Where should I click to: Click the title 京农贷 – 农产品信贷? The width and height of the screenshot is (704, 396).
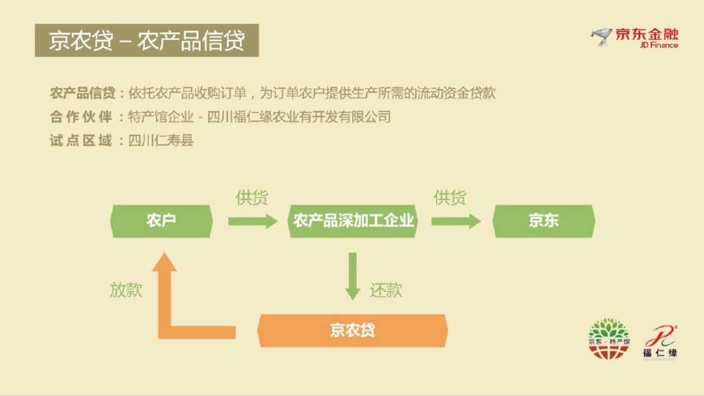[x=146, y=41]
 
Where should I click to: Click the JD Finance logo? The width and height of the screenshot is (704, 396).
[x=634, y=38]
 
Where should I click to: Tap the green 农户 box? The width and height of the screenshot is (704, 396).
[x=162, y=221]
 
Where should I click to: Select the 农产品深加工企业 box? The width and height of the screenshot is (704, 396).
[x=353, y=221]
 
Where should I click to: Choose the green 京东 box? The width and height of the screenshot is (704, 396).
[x=544, y=221]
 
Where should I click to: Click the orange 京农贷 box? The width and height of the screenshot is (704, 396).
[x=352, y=330]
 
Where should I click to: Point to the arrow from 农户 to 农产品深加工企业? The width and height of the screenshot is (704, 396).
[x=252, y=221]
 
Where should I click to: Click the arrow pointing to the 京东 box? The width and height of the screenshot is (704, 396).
[x=456, y=221]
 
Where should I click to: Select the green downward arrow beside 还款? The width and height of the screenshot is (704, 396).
[x=353, y=276]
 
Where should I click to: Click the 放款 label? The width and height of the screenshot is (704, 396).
[x=126, y=289]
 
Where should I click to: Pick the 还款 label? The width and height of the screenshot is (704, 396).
[x=386, y=289]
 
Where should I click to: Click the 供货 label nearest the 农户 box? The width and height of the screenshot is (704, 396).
[x=252, y=198]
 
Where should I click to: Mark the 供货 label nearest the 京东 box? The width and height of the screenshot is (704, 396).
[x=450, y=198]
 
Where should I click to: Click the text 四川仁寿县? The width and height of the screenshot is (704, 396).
[x=161, y=140]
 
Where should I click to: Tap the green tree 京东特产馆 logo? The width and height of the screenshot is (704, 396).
[x=608, y=338]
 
